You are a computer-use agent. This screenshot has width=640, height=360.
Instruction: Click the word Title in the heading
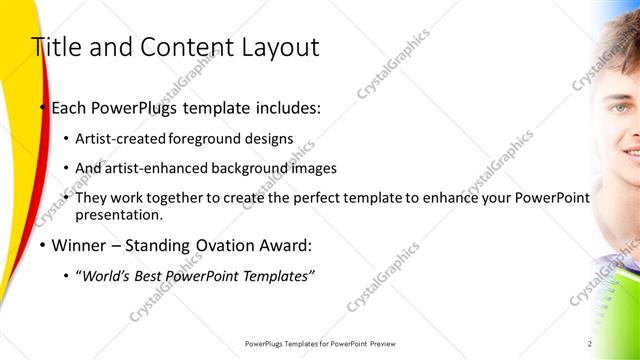point(55,47)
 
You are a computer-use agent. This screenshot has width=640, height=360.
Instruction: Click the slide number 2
point(590,344)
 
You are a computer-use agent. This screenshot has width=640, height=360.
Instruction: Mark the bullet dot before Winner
point(42,245)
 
